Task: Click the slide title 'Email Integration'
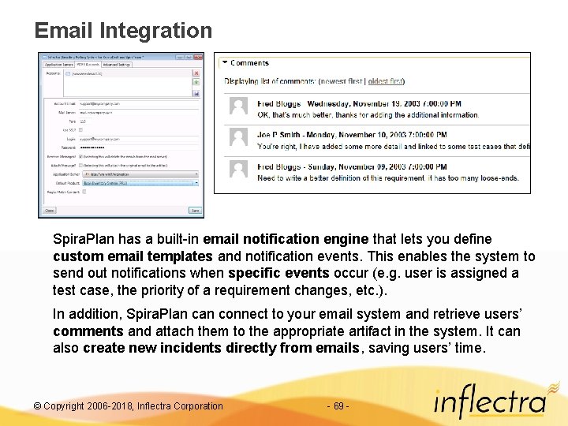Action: pos(123,31)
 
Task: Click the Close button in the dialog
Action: pos(50,211)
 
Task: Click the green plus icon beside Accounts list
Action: pos(196,82)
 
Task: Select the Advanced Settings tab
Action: pos(115,65)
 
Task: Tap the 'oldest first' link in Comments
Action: pos(386,81)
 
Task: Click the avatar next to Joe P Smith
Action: pos(238,137)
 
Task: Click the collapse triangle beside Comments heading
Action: pos(224,62)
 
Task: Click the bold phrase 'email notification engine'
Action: pos(286,239)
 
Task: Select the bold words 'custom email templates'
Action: pos(133,256)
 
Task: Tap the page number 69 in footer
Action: pos(337,406)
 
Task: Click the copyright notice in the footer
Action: pos(129,406)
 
